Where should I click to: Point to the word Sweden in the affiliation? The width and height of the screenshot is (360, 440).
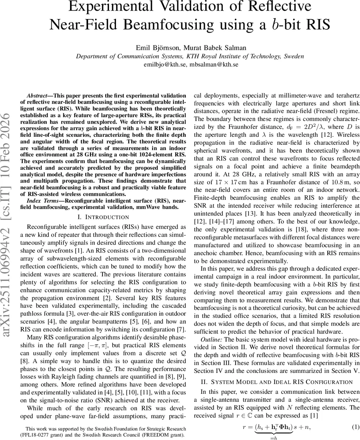(x=294, y=56)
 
